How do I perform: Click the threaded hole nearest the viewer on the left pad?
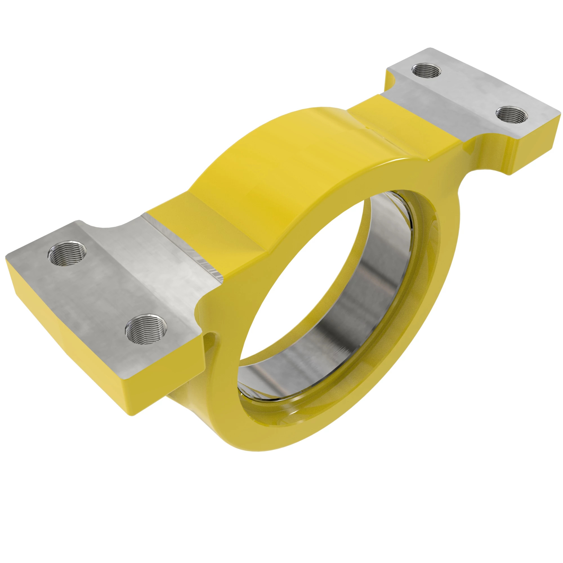[146, 329]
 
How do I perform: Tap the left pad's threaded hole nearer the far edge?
[68, 253]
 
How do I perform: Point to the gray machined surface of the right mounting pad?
[466, 96]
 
